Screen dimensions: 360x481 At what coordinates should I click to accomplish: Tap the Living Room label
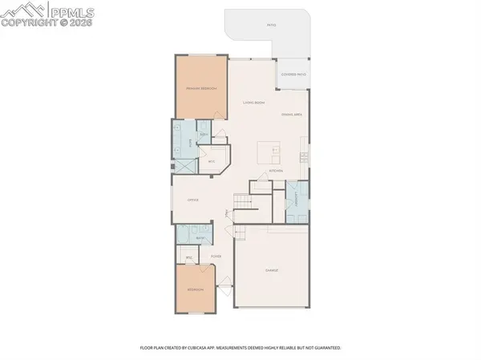(254, 103)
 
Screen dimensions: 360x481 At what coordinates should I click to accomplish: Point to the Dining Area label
(290, 115)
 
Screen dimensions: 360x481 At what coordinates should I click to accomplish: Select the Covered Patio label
(292, 75)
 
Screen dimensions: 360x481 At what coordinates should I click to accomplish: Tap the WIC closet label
(212, 161)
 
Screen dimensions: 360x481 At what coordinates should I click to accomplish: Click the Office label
(192, 200)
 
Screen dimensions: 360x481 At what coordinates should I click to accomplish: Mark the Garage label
(272, 272)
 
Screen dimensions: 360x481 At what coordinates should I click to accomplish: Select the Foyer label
(216, 257)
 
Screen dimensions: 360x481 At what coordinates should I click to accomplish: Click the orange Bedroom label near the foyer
(196, 289)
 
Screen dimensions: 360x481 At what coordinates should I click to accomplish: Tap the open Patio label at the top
(272, 25)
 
